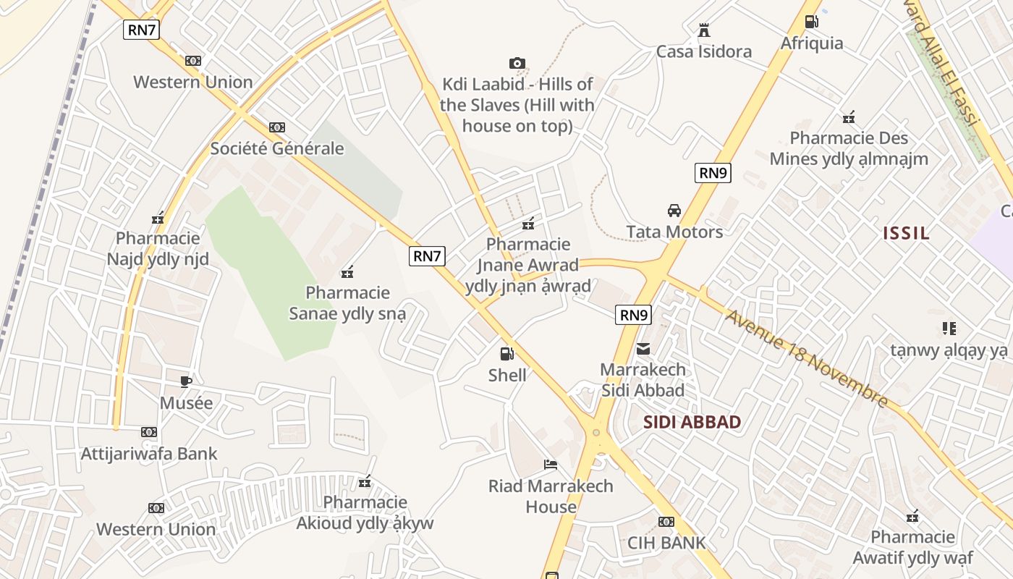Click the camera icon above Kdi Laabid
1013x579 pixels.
click(517, 64)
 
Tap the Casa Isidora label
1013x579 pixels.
click(703, 51)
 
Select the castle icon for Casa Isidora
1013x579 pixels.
click(703, 30)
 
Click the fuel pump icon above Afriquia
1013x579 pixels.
click(812, 22)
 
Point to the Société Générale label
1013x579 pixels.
click(276, 148)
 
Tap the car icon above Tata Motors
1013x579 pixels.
click(674, 211)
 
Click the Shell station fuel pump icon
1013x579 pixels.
click(507, 354)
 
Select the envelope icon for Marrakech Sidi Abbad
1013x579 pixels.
click(643, 349)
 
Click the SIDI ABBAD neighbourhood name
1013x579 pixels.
click(692, 423)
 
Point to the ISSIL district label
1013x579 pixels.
click(906, 233)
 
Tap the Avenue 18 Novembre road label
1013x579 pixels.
click(807, 359)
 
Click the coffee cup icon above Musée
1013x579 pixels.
click(186, 381)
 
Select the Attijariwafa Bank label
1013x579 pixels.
click(149, 454)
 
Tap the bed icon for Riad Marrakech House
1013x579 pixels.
click(551, 464)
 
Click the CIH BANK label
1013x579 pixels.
click(666, 543)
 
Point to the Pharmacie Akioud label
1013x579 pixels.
click(365, 512)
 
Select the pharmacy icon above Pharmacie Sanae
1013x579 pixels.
click(347, 272)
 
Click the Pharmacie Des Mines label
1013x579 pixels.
click(848, 148)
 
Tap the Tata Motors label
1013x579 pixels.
click(674, 232)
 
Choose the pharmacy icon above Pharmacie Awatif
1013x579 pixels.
click(912, 516)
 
